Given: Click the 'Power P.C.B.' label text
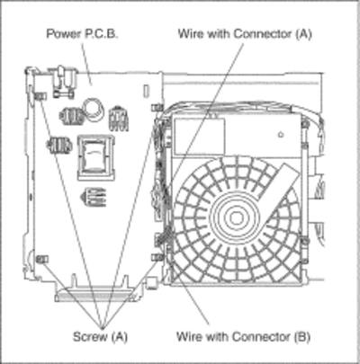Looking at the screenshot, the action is click(x=82, y=33).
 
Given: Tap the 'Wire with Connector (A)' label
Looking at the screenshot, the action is click(x=245, y=34).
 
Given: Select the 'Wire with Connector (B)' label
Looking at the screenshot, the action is click(x=243, y=336).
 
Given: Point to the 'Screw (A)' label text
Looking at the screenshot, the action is click(x=101, y=336).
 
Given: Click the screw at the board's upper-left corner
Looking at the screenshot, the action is click(x=40, y=96).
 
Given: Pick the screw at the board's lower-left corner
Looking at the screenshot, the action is click(x=42, y=259).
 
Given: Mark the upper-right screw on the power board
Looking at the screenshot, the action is click(x=157, y=107).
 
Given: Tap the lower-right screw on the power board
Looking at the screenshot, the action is click(x=157, y=257).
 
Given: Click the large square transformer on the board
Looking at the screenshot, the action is click(x=96, y=157).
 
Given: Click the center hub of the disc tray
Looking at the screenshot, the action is click(x=236, y=218).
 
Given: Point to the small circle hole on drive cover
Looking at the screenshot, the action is click(x=281, y=135).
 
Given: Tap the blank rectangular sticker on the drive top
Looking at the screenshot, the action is click(x=200, y=136).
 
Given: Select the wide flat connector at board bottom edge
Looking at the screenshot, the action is click(x=94, y=294).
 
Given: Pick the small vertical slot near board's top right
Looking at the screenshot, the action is click(x=146, y=91).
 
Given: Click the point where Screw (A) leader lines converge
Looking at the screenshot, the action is click(x=102, y=327).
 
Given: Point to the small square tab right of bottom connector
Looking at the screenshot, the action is click(x=151, y=283).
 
